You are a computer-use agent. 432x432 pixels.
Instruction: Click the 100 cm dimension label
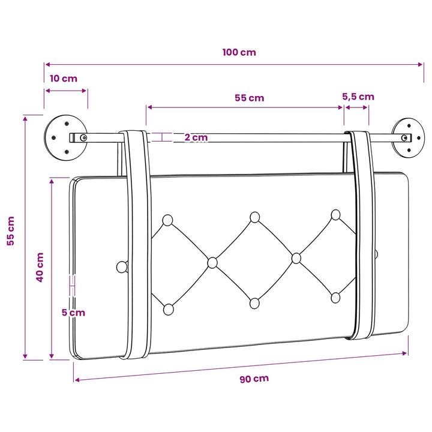pyautogui.click(x=239, y=52)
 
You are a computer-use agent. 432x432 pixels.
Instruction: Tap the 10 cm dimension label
pyautogui.click(x=64, y=79)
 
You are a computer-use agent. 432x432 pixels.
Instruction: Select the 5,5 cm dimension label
pyautogui.click(x=358, y=97)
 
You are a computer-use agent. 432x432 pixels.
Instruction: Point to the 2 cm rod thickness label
pyautogui.click(x=196, y=137)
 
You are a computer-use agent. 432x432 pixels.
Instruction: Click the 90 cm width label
pyautogui.click(x=254, y=379)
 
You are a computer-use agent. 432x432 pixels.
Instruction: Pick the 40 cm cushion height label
pyautogui.click(x=40, y=267)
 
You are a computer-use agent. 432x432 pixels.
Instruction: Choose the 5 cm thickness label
pyautogui.click(x=73, y=313)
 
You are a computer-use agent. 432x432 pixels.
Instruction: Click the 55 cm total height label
pyautogui.click(x=11, y=231)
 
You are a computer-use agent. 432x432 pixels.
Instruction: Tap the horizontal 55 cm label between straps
pyautogui.click(x=250, y=98)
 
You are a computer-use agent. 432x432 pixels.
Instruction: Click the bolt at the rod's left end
pyautogui.click(x=83, y=138)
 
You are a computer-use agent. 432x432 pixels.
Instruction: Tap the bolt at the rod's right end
pyautogui.click(x=404, y=138)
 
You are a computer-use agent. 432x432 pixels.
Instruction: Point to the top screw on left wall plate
pyautogui.click(x=67, y=124)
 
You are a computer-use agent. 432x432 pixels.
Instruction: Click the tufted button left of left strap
pyautogui.click(x=122, y=267)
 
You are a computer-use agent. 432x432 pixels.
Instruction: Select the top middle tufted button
pyautogui.click(x=255, y=217)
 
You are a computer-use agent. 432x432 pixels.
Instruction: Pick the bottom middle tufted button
pyautogui.click(x=254, y=304)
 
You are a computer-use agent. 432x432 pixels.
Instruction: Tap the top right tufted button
pyautogui.click(x=335, y=215)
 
